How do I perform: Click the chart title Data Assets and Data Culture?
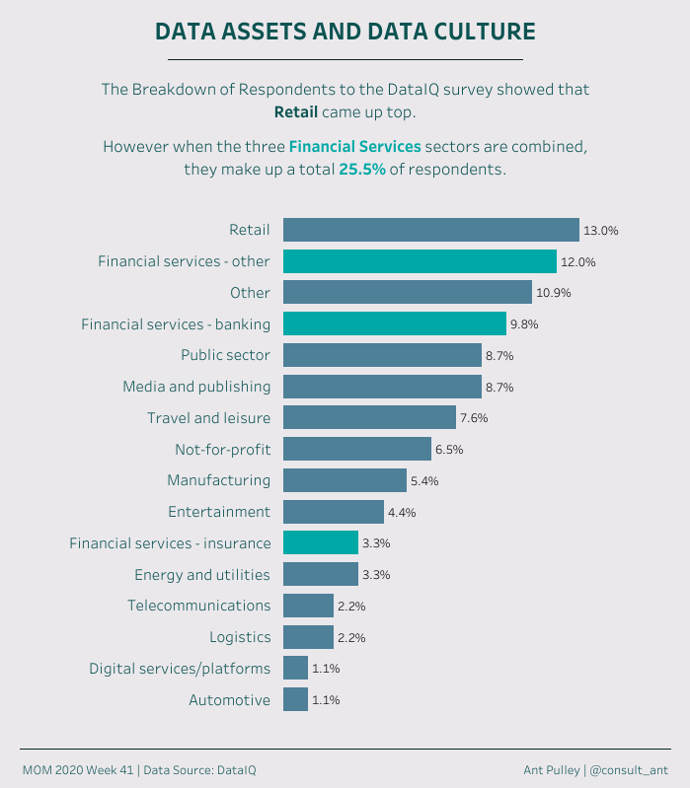click(x=345, y=32)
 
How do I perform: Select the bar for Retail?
click(x=430, y=230)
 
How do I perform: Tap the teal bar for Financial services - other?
click(x=420, y=261)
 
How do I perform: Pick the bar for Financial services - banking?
click(x=395, y=323)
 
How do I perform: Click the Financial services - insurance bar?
click(x=320, y=542)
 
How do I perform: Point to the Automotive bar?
click(x=295, y=699)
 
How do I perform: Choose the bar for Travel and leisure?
click(x=369, y=417)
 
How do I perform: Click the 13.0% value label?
click(x=600, y=231)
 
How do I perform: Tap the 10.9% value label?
click(x=554, y=293)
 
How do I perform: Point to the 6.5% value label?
click(x=448, y=449)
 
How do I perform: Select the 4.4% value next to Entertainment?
click(x=402, y=512)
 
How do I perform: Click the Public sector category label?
click(x=225, y=355)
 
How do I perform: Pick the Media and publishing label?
click(x=196, y=387)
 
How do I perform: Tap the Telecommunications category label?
click(x=198, y=605)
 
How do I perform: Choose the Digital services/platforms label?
click(x=180, y=668)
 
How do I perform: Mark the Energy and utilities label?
click(x=202, y=574)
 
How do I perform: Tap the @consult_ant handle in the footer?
click(x=629, y=769)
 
